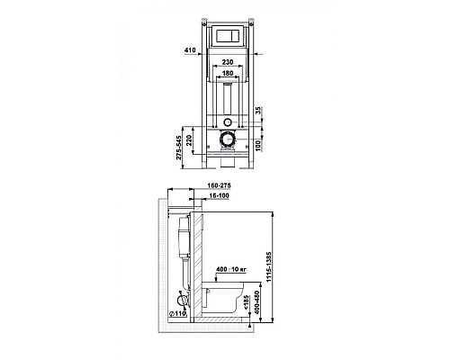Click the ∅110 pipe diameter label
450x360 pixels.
[x=178, y=314]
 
